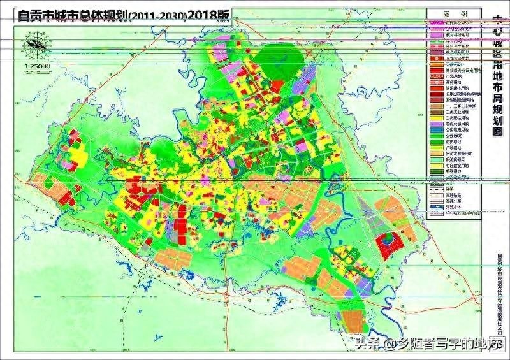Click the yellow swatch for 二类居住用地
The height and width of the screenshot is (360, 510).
(x=435, y=117)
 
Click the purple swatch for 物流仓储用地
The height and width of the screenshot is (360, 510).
(x=435, y=123)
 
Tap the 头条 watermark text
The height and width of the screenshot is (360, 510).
(x=368, y=344)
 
